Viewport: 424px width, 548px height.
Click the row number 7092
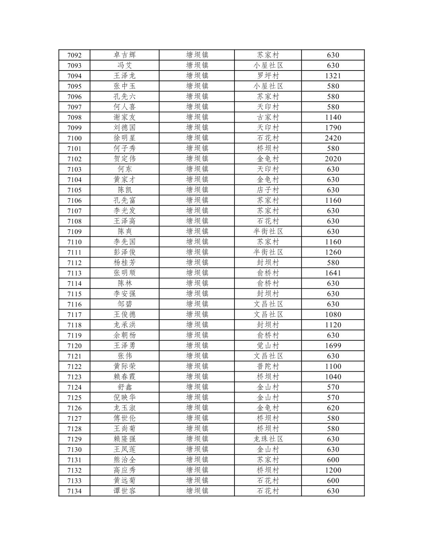coord(74,55)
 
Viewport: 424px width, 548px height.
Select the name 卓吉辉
coord(125,55)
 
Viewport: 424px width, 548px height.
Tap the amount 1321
coord(333,76)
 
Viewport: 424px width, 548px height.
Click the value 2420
coord(333,138)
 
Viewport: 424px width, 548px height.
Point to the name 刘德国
coord(125,128)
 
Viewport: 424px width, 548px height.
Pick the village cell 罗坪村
coord(268,76)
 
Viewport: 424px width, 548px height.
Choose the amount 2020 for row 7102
coord(333,159)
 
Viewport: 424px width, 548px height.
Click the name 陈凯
coord(125,190)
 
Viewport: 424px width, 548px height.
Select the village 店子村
coord(268,190)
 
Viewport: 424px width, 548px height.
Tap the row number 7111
coord(74,252)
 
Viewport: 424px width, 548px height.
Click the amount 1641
coord(333,273)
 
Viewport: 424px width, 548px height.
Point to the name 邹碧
coord(125,304)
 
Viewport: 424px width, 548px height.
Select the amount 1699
coord(333,346)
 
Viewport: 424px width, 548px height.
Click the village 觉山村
coord(268,346)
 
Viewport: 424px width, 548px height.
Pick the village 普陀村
coord(268,366)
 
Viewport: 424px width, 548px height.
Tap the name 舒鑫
coord(125,387)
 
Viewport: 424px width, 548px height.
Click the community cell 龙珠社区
coord(268,439)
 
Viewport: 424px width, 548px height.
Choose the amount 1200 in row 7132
coord(333,470)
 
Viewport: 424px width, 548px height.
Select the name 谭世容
coord(125,491)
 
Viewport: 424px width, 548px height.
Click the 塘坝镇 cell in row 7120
coord(197,346)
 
